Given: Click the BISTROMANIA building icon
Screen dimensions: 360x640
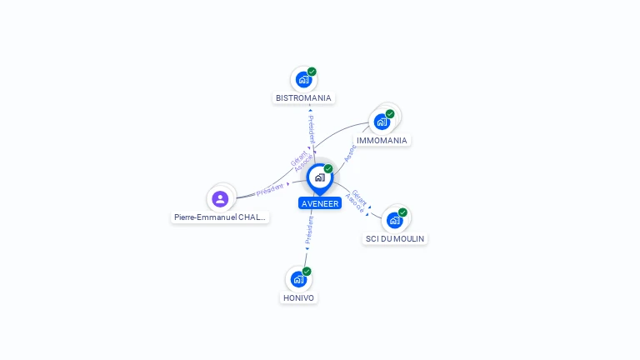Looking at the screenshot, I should pos(303,80).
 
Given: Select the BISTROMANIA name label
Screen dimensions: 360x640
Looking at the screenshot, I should pos(303,98).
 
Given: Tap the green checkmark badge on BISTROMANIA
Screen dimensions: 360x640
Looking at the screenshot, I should pos(312,72).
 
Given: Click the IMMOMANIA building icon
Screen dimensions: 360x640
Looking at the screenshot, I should pos(382,122).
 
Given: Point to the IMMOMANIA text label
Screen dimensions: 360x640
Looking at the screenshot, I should pos(382,141).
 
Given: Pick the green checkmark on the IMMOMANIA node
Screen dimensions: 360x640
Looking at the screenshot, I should pos(390,113).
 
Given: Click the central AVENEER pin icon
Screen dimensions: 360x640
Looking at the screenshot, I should pos(319,177).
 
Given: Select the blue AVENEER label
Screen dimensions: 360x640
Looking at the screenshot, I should pos(320,203).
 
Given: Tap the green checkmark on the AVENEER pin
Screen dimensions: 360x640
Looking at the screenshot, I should pos(328,168).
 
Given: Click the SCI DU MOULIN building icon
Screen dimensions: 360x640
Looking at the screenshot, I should pos(394,220).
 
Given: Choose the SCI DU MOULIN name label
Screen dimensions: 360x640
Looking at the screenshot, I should pos(395,239).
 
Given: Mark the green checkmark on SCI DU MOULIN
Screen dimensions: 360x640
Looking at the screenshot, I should pos(402,212).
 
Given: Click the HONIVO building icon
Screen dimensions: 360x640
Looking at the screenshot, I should pos(298,279).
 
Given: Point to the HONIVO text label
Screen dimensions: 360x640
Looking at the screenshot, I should pos(299,297).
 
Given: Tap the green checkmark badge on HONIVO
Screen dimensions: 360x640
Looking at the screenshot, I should pos(307,271).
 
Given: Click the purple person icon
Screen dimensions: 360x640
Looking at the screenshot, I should pos(220,198).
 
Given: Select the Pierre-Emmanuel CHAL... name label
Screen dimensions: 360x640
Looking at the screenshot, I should pos(220,217).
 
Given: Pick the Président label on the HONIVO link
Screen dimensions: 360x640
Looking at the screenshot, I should pos(309,230).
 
